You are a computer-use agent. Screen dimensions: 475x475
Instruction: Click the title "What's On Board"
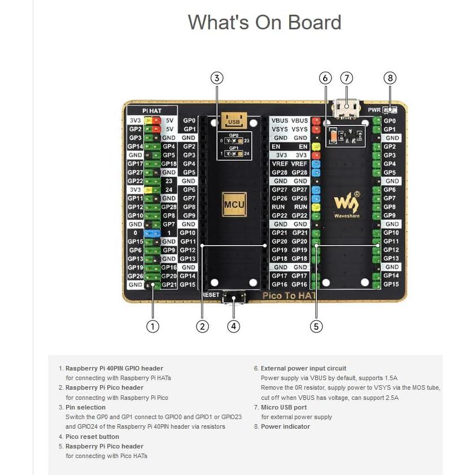tap(264, 23)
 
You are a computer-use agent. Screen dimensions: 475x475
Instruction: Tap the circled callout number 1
tap(152, 326)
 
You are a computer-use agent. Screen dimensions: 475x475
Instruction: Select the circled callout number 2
tap(203, 326)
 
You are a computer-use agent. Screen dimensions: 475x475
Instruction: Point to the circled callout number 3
tap(217, 77)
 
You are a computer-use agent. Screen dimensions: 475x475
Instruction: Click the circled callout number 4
tap(234, 326)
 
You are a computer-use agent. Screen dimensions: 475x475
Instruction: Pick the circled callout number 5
tap(316, 326)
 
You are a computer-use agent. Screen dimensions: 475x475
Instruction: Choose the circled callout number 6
tap(325, 77)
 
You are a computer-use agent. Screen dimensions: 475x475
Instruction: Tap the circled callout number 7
tap(346, 77)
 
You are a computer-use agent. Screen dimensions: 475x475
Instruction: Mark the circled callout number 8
tap(390, 77)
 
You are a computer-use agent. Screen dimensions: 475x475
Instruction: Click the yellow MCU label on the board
tap(233, 205)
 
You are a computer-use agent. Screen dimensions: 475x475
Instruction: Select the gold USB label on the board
tap(233, 120)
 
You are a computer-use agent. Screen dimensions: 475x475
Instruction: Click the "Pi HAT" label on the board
tap(152, 111)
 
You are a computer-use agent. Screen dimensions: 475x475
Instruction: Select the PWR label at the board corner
tap(374, 110)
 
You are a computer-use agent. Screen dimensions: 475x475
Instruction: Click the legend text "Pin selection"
tap(85, 407)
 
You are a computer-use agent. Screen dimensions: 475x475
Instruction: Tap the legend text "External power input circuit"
tap(303, 368)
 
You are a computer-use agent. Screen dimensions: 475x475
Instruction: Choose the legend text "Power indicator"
tap(285, 426)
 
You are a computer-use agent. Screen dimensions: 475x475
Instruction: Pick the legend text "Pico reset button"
tap(92, 437)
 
